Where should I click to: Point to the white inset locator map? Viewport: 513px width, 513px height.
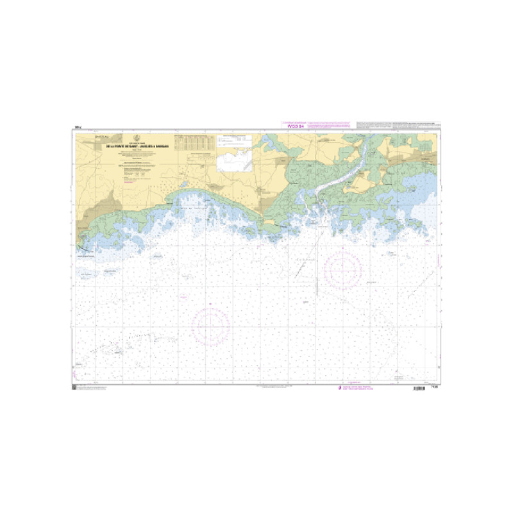tap(235, 161)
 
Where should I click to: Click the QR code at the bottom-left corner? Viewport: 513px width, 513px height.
tap(74, 388)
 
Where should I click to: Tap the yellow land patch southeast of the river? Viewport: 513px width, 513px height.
tap(357, 185)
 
